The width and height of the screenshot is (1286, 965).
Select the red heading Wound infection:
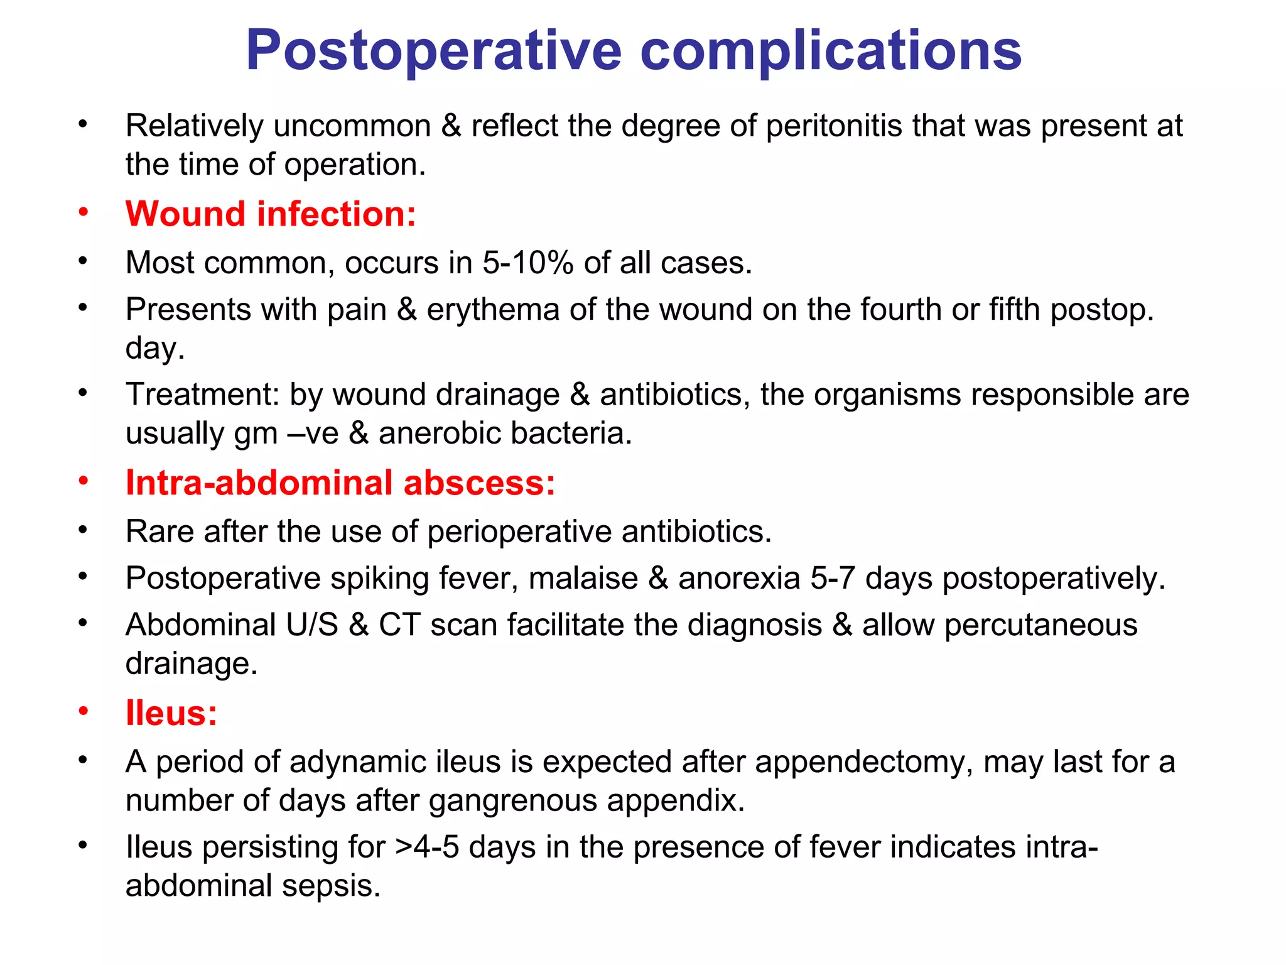coord(271,214)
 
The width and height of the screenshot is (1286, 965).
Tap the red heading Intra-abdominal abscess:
coord(340,482)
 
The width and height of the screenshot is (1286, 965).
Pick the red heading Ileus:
coord(171,712)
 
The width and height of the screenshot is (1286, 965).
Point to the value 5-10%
coord(527,263)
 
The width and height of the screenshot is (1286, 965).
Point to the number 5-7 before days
coord(832,578)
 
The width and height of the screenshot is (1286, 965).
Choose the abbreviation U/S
coord(311,625)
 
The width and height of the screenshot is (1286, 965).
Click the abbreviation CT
coord(399,625)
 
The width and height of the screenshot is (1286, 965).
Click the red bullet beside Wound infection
coord(84,213)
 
